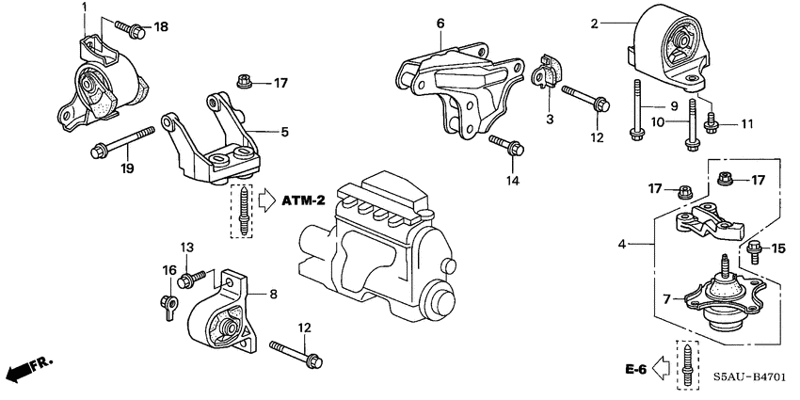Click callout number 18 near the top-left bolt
[x=161, y=26]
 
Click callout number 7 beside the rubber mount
[x=667, y=298]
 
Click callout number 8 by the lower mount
[x=273, y=295]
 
